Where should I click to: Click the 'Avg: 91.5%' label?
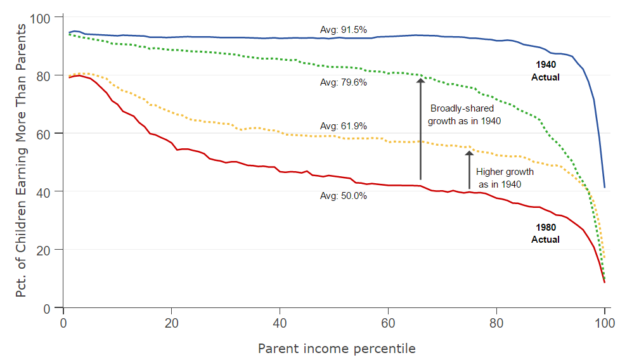pos(344,29)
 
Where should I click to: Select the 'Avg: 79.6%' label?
pos(344,82)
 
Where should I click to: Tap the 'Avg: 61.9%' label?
pos(344,126)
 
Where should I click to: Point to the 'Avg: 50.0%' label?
pos(344,196)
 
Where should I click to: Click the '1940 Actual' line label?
pos(546,70)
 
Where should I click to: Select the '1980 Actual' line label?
pos(546,233)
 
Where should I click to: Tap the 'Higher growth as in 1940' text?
pos(504,177)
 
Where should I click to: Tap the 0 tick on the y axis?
pos(51,308)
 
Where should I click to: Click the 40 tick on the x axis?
pos(280,321)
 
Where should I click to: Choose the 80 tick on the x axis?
pos(496,321)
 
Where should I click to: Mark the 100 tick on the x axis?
pos(604,321)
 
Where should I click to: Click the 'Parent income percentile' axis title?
pos(337,349)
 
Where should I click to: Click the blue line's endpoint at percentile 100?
pos(605,187)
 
